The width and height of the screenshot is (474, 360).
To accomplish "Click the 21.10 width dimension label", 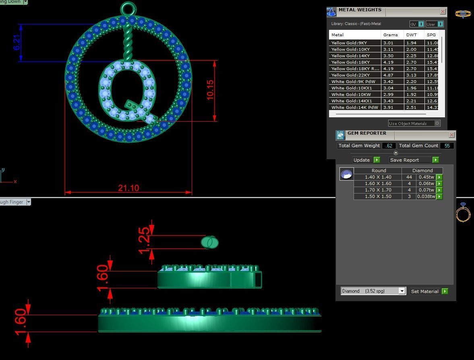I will pos(128,188).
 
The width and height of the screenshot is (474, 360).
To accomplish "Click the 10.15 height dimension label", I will pos(210,90).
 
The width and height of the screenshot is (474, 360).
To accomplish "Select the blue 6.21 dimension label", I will pos(17,43).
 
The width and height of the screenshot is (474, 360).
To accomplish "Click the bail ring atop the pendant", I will pos(128,8).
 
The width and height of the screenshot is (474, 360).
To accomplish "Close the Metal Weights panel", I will pos(443,12).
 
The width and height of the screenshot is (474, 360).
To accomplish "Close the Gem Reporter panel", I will pos(451,135).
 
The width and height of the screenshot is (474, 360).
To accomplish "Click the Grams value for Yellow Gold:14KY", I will pos(388,56).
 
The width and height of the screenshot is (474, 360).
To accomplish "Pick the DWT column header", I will pos(411,35).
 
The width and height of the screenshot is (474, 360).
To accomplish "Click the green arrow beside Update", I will pos(377,160).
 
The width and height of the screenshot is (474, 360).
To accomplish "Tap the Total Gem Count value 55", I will pos(447,146).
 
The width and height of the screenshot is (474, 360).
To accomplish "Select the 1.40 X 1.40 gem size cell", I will pos(378,177).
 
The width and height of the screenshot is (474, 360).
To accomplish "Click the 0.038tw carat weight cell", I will pos(426,196).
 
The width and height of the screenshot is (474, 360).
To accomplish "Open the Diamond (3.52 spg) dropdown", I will pos(402,291).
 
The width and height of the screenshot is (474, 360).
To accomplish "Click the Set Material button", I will pos(425,291).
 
